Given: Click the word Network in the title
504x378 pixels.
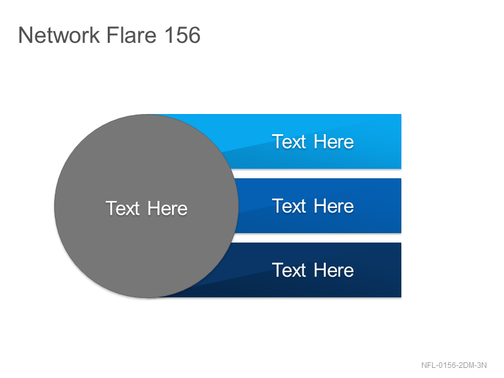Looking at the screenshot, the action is (59, 35).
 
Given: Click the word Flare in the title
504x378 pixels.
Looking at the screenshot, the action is (132, 35).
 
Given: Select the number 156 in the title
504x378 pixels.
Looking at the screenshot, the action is (183, 35).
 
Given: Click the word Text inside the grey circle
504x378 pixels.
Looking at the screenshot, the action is (122, 209).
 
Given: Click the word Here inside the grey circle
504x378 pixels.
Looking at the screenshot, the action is (168, 209).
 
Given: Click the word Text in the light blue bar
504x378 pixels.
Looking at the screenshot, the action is (289, 142).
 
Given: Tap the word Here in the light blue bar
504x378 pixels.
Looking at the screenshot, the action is (334, 142).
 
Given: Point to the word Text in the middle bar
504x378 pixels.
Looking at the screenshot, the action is (289, 206).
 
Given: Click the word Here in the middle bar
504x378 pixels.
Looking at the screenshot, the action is (334, 206).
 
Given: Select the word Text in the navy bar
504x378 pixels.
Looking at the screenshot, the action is (289, 270).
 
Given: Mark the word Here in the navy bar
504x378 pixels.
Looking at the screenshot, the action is (334, 270).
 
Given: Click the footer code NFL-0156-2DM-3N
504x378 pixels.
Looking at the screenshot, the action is (454, 365).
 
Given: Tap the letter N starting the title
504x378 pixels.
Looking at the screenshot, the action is (25, 35).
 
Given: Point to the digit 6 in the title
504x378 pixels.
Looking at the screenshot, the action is (193, 35).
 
